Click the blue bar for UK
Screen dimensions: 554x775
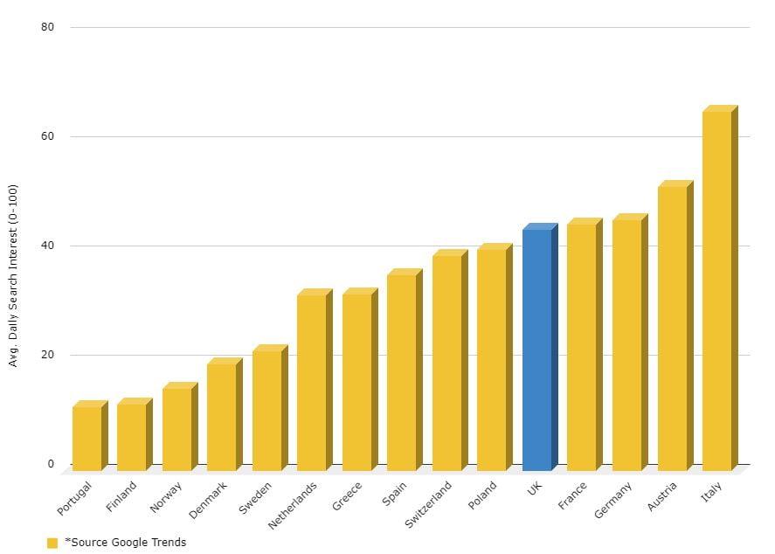click(x=537, y=350)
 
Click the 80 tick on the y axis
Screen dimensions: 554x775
click(x=48, y=27)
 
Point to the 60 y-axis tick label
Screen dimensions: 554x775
click(x=48, y=136)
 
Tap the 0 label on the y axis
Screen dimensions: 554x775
click(x=51, y=464)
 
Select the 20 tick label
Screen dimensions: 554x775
click(x=48, y=355)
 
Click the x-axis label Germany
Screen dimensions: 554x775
click(x=612, y=500)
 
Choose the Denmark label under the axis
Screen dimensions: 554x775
click(x=208, y=499)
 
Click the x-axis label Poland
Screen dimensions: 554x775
click(x=482, y=496)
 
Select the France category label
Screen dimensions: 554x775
click(x=572, y=496)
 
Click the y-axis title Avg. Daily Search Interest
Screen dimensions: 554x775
click(x=13, y=275)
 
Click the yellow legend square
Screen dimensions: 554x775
click(x=52, y=543)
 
